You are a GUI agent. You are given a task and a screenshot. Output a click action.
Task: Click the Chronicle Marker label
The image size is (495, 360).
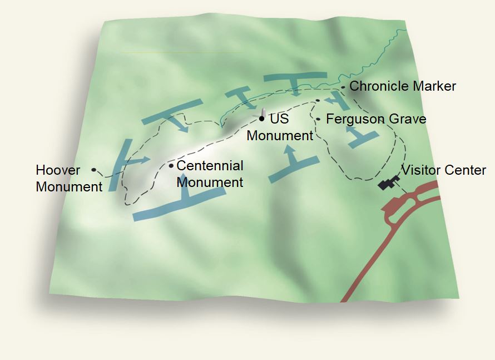point(403,86)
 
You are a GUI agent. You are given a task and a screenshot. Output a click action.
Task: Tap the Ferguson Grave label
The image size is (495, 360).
point(376,119)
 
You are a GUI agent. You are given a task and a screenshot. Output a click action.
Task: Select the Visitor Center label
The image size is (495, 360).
point(444,170)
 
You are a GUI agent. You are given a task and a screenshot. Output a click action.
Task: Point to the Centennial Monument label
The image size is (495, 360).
point(210,174)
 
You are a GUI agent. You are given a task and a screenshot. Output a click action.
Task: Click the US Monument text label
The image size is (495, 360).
point(280,127)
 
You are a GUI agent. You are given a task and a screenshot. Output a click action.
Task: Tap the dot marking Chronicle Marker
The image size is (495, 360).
point(343,87)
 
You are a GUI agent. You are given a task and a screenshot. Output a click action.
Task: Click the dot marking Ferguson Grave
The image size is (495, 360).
point(318,119)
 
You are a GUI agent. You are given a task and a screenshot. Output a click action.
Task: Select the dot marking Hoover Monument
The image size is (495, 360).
point(93,170)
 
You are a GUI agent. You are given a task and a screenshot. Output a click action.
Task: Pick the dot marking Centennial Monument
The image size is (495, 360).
point(171,166)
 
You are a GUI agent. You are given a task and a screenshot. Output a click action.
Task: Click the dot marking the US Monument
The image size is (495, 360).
point(261,119)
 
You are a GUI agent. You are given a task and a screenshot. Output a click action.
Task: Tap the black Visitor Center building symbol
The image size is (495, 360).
point(388,183)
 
